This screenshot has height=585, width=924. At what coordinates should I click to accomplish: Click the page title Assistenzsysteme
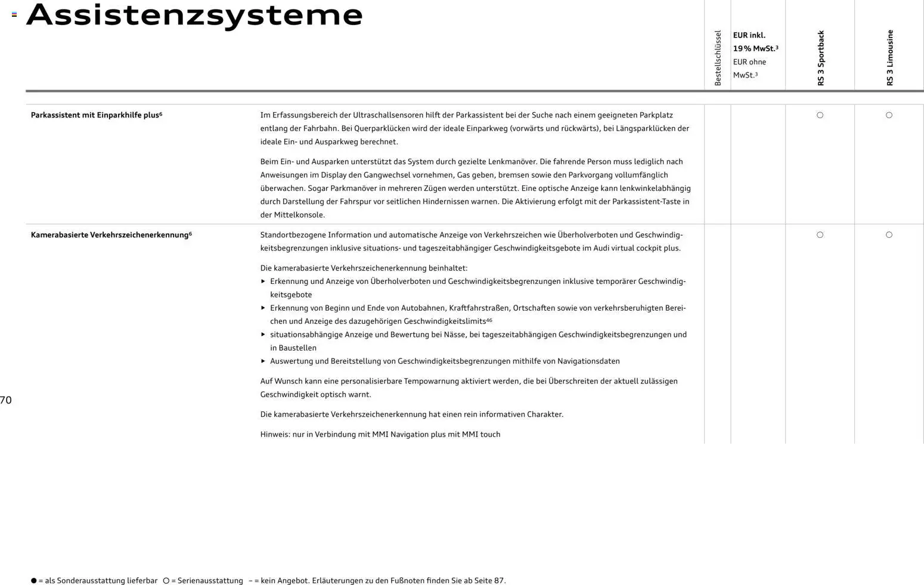[x=194, y=16]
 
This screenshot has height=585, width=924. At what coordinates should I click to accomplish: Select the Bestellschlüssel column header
[x=718, y=58]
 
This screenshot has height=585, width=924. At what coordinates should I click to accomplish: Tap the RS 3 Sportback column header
[x=821, y=58]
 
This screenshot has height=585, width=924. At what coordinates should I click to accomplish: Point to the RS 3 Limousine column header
[x=889, y=58]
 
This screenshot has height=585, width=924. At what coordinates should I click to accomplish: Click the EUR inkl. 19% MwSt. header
[x=755, y=42]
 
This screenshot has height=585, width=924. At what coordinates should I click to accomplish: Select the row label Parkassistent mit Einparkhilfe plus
[x=96, y=115]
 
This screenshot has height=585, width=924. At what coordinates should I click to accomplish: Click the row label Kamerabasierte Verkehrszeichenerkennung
[x=111, y=235]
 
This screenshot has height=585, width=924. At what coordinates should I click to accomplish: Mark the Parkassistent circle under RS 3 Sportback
[x=820, y=115]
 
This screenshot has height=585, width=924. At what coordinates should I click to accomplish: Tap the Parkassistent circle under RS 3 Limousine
[x=889, y=115]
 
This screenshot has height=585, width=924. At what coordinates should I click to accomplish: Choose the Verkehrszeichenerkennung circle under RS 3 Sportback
[x=820, y=235]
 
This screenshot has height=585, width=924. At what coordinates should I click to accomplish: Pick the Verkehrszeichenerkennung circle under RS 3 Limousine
[x=889, y=235]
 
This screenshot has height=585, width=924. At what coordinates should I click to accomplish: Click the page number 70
[x=6, y=400]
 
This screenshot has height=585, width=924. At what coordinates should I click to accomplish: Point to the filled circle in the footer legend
[x=34, y=580]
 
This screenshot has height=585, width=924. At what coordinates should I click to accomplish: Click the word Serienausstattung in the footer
[x=210, y=580]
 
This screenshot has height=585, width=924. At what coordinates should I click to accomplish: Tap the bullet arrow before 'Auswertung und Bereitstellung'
[x=263, y=361]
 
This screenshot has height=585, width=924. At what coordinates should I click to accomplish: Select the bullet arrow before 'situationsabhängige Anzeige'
[x=263, y=335]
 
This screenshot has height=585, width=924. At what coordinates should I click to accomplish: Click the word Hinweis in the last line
[x=274, y=434]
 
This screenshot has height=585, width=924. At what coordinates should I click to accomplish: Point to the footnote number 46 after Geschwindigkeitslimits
[x=489, y=320]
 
